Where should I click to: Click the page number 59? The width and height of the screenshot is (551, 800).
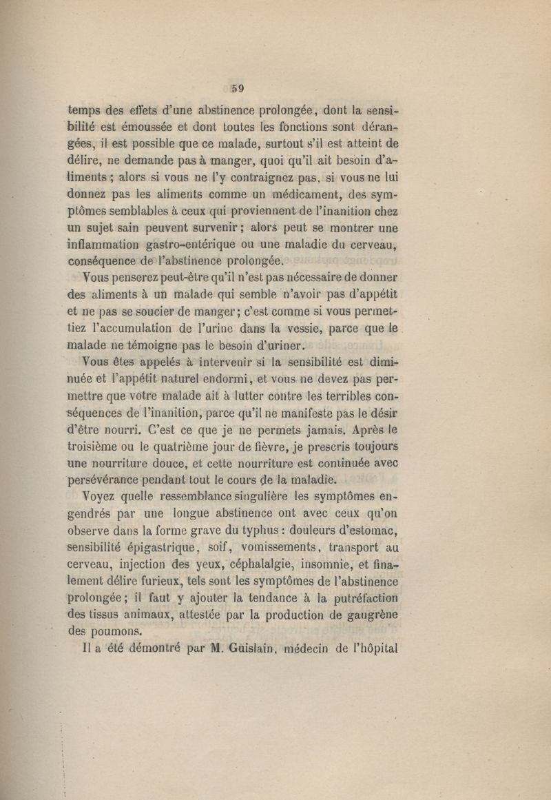238,88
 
